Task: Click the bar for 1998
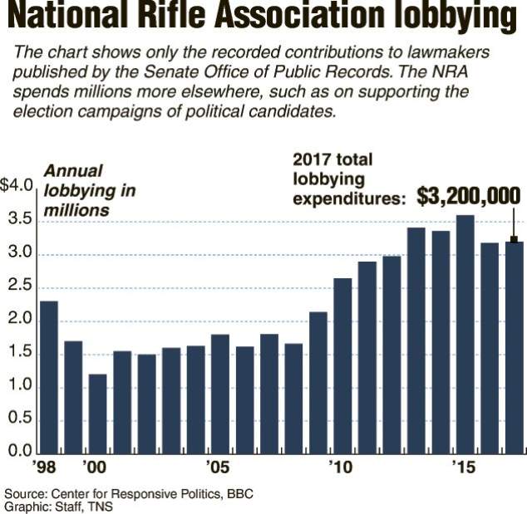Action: [49, 377]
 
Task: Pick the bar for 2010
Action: [342, 365]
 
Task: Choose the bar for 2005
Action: [220, 394]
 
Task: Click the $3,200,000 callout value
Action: [469, 196]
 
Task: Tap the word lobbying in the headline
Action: [449, 18]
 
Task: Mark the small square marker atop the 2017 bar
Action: [515, 241]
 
